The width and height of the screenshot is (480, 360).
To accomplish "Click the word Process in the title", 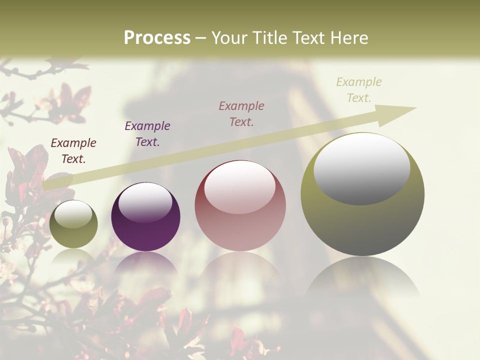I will point(157,38).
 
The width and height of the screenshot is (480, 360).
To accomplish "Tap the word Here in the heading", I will point(348,38).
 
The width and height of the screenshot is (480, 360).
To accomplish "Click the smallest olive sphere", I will point(73,224).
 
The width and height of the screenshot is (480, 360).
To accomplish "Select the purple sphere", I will point(145,217).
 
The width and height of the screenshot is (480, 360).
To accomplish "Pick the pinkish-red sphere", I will point(240,205).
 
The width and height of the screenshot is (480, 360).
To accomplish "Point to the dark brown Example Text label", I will point(73,151).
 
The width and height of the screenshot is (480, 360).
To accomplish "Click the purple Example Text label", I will point(147,134).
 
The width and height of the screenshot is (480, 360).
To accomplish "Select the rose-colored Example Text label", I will point(241,114).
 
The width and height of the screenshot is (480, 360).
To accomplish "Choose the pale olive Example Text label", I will point(359,90).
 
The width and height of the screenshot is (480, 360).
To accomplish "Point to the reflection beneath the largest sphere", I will point(362,280).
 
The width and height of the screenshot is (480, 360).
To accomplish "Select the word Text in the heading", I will point(310,38).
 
